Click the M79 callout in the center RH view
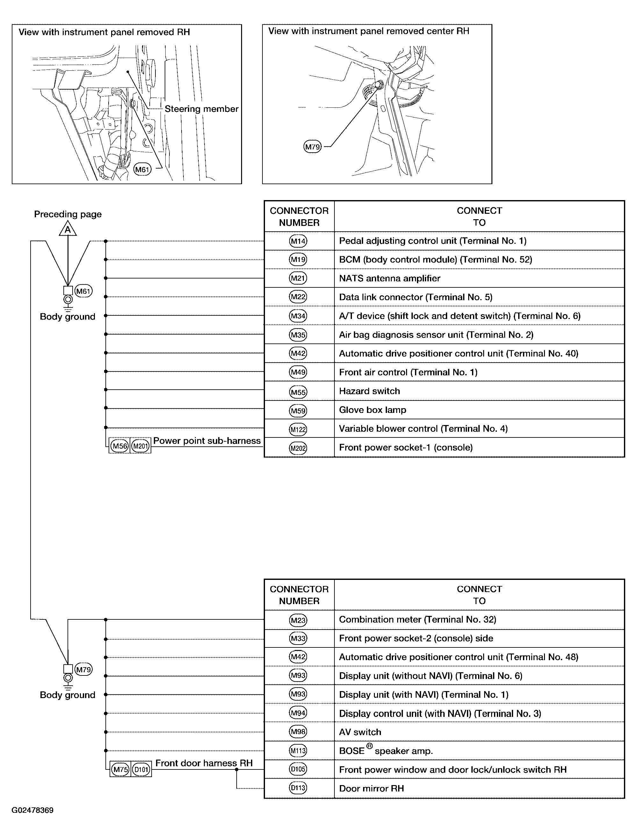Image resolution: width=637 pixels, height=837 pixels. coord(313,147)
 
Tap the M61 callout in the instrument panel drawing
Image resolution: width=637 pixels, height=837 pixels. coord(143,170)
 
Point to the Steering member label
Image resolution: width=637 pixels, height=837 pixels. coord(201,109)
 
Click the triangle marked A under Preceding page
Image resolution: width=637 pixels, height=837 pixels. coord(68,229)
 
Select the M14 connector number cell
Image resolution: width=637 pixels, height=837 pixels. coord(298,241)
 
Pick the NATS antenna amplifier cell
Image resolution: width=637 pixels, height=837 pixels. coord(479,278)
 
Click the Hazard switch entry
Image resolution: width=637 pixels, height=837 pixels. coord(370,391)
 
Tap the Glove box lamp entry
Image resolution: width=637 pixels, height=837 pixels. coord(373,410)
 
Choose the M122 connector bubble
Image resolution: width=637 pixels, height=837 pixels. coord(298,429)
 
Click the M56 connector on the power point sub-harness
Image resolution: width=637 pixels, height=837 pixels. coord(120,446)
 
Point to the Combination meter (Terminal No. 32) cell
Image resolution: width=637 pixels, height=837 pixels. coord(479,620)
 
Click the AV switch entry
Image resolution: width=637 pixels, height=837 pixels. coord(360,732)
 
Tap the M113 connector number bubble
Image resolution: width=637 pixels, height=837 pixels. coord(298,751)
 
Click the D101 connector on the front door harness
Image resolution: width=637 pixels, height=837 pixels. coord(141,770)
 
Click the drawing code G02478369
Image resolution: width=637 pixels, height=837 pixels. coord(32,811)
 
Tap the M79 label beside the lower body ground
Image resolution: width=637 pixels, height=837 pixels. coord(83,670)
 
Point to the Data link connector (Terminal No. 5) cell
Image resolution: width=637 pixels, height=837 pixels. coord(479,297)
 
